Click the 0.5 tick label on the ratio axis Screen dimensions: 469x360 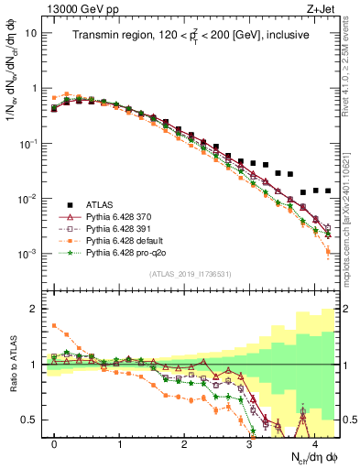pos(29,420)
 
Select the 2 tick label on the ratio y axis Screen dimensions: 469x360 pos(33,309)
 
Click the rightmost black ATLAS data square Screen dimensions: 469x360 pos(328,191)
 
